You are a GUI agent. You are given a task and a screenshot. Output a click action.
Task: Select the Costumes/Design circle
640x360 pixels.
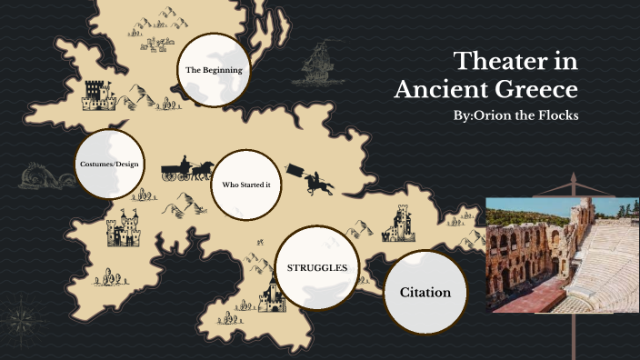coord(109,165)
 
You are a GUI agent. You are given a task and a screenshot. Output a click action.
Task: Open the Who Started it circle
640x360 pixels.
coord(247,185)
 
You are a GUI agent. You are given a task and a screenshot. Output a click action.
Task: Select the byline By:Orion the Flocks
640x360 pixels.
coord(515,117)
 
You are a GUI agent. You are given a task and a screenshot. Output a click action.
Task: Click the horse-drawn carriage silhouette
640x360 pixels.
coord(186,170)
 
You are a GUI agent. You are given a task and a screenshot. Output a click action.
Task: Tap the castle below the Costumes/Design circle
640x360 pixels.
coord(123,229)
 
